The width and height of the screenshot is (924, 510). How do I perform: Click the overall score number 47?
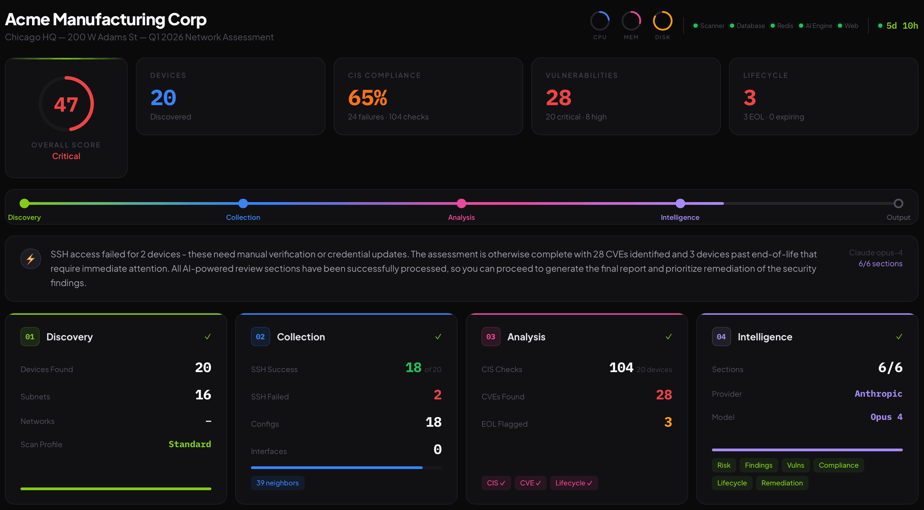coord(66,104)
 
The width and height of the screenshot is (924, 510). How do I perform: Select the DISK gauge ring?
coord(662,21)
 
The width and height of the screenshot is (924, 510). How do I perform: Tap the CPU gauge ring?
coord(599,21)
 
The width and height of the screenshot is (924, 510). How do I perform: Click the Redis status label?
coord(785,26)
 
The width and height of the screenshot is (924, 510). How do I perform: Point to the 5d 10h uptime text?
coord(902,26)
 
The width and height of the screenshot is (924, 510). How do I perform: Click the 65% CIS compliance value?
coord(367,98)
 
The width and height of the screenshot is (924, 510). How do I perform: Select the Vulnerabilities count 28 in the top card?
coord(558,98)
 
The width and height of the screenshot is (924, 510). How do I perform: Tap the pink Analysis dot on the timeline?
coord(461,203)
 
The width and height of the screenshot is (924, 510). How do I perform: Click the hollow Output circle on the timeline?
coord(898,203)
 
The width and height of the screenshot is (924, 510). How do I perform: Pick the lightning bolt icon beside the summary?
coord(30,259)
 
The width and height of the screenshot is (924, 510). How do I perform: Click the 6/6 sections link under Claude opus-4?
coord(880,264)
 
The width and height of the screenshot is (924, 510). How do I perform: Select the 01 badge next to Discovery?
coord(30,337)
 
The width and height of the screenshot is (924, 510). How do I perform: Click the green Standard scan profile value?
coord(190,444)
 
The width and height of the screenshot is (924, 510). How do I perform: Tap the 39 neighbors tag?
coord(277,483)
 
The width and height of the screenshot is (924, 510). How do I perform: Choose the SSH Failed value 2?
coord(437,395)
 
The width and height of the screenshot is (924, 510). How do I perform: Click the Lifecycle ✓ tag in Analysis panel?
coord(574,483)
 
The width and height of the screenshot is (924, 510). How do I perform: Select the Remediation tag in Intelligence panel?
coord(782,483)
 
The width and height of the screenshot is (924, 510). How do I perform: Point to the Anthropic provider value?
coord(878,394)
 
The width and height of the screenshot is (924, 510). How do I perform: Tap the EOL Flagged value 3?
coord(668,422)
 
